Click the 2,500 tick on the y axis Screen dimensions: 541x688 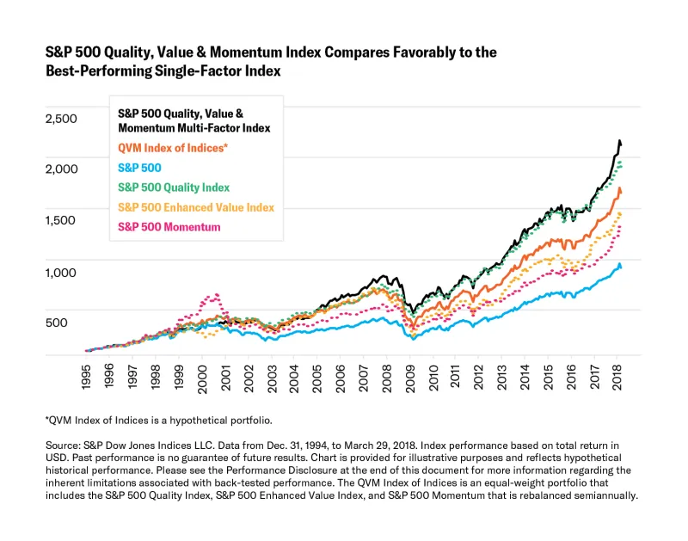click(x=60, y=118)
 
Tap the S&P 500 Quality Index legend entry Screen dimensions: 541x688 click(x=174, y=188)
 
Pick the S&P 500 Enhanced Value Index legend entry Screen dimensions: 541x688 click(x=196, y=207)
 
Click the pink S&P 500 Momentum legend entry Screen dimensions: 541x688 click(x=169, y=227)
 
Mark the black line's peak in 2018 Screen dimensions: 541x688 click(x=620, y=140)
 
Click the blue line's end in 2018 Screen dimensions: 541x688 click(x=621, y=267)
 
